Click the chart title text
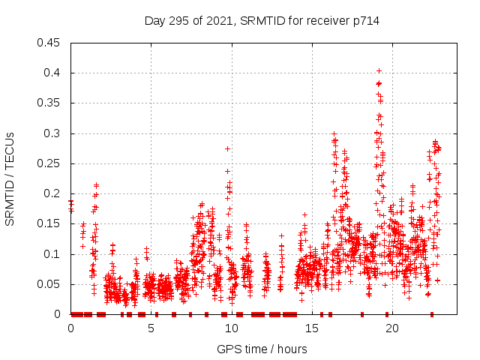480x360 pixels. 262,21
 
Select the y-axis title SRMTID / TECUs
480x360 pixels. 10,178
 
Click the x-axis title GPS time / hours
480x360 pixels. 262,349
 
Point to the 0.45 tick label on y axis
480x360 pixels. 49,43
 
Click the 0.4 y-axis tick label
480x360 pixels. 52,73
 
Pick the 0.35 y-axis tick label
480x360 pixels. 49,103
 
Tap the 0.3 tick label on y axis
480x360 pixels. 52,133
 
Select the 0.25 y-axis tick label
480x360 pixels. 49,163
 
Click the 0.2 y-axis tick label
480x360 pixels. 52,193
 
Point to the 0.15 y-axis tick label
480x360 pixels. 49,224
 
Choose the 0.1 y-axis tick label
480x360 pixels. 52,254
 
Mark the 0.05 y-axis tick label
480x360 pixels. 49,284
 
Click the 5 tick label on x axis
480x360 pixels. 151,328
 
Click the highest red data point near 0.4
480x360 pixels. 379,71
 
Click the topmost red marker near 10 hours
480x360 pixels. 227,148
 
